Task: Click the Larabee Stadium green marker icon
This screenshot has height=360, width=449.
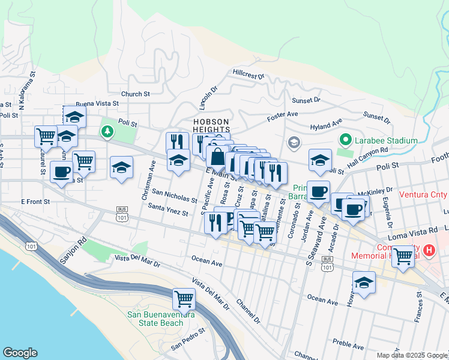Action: tap(345, 140)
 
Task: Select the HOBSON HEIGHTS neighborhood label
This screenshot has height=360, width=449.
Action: tap(211, 125)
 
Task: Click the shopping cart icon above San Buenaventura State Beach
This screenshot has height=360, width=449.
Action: tap(184, 298)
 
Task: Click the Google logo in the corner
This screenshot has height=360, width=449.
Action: tap(20, 353)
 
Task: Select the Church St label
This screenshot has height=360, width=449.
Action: tap(135, 94)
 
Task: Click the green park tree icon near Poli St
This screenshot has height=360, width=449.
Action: tap(107, 131)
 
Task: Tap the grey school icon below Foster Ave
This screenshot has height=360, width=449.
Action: tap(294, 142)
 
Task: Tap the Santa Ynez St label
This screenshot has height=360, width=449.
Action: tap(168, 209)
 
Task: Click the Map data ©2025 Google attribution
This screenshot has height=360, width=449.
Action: tap(411, 355)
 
